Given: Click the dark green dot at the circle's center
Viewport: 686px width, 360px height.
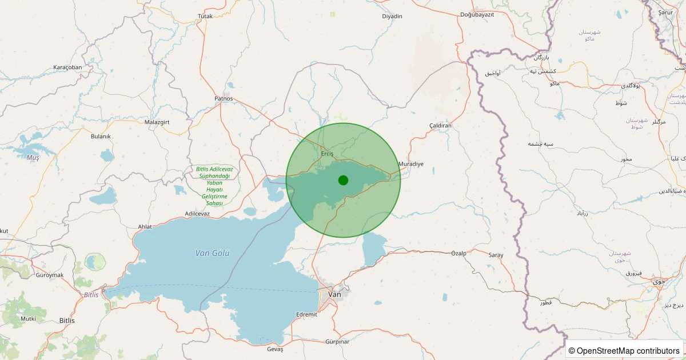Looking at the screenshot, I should click(343, 180).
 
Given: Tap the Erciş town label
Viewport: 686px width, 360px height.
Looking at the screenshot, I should click(327, 154).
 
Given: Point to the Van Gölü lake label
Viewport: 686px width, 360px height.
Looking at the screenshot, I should click(212, 253).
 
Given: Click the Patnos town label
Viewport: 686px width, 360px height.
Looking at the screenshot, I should click(224, 98).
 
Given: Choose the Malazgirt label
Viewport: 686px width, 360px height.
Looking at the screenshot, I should click(157, 122).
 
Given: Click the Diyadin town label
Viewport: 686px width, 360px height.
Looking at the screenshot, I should click(392, 16).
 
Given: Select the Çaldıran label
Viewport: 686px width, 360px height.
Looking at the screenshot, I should click(440, 125).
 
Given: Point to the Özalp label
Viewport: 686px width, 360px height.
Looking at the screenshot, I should click(459, 253).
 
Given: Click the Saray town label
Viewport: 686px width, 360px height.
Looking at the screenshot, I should click(496, 255).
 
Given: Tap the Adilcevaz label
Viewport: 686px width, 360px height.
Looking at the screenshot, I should click(198, 214).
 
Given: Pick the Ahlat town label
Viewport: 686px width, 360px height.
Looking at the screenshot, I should click(145, 227).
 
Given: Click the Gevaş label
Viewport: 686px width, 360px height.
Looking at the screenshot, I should click(275, 349).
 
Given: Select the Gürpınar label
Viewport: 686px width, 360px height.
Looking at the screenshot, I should click(337, 342).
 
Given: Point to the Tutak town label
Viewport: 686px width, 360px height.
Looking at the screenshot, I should click(205, 16).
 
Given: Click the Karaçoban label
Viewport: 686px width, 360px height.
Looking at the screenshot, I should click(67, 67).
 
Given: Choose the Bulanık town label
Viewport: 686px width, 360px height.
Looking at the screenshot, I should click(101, 137).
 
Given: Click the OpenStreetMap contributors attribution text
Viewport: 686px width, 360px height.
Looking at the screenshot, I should click(625, 350).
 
